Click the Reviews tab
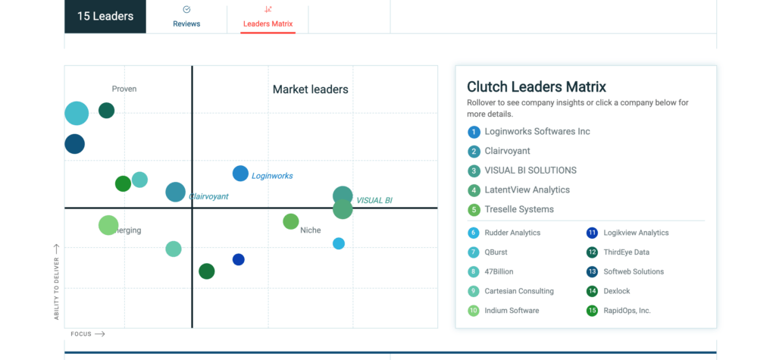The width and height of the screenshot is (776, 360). tap(186, 17)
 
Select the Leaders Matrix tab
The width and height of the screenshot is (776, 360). tap(268, 17)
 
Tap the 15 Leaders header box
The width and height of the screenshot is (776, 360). tap(105, 17)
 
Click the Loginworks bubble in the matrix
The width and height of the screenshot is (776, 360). tap(240, 174)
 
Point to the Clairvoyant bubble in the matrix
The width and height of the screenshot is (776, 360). tap(175, 193)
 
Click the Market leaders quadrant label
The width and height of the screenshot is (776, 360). tap(310, 89)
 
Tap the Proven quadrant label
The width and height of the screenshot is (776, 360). tap(124, 89)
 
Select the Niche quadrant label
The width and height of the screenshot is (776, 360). tap(310, 230)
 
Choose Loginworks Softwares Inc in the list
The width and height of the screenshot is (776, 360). tap(537, 132)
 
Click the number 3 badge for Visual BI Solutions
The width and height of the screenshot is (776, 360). tap(474, 171)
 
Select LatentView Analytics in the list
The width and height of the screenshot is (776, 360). tap(527, 190)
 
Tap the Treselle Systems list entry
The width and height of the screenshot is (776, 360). tap(519, 209)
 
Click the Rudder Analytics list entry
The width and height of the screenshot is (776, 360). tap(512, 233)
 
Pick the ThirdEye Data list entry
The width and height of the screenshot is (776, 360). tap(626, 252)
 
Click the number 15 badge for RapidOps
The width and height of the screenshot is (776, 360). tap(592, 311)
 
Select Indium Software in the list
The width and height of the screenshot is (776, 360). tap(512, 311)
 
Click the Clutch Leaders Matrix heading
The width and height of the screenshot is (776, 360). tap(537, 87)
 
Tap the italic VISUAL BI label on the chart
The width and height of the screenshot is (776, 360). tap(374, 201)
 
